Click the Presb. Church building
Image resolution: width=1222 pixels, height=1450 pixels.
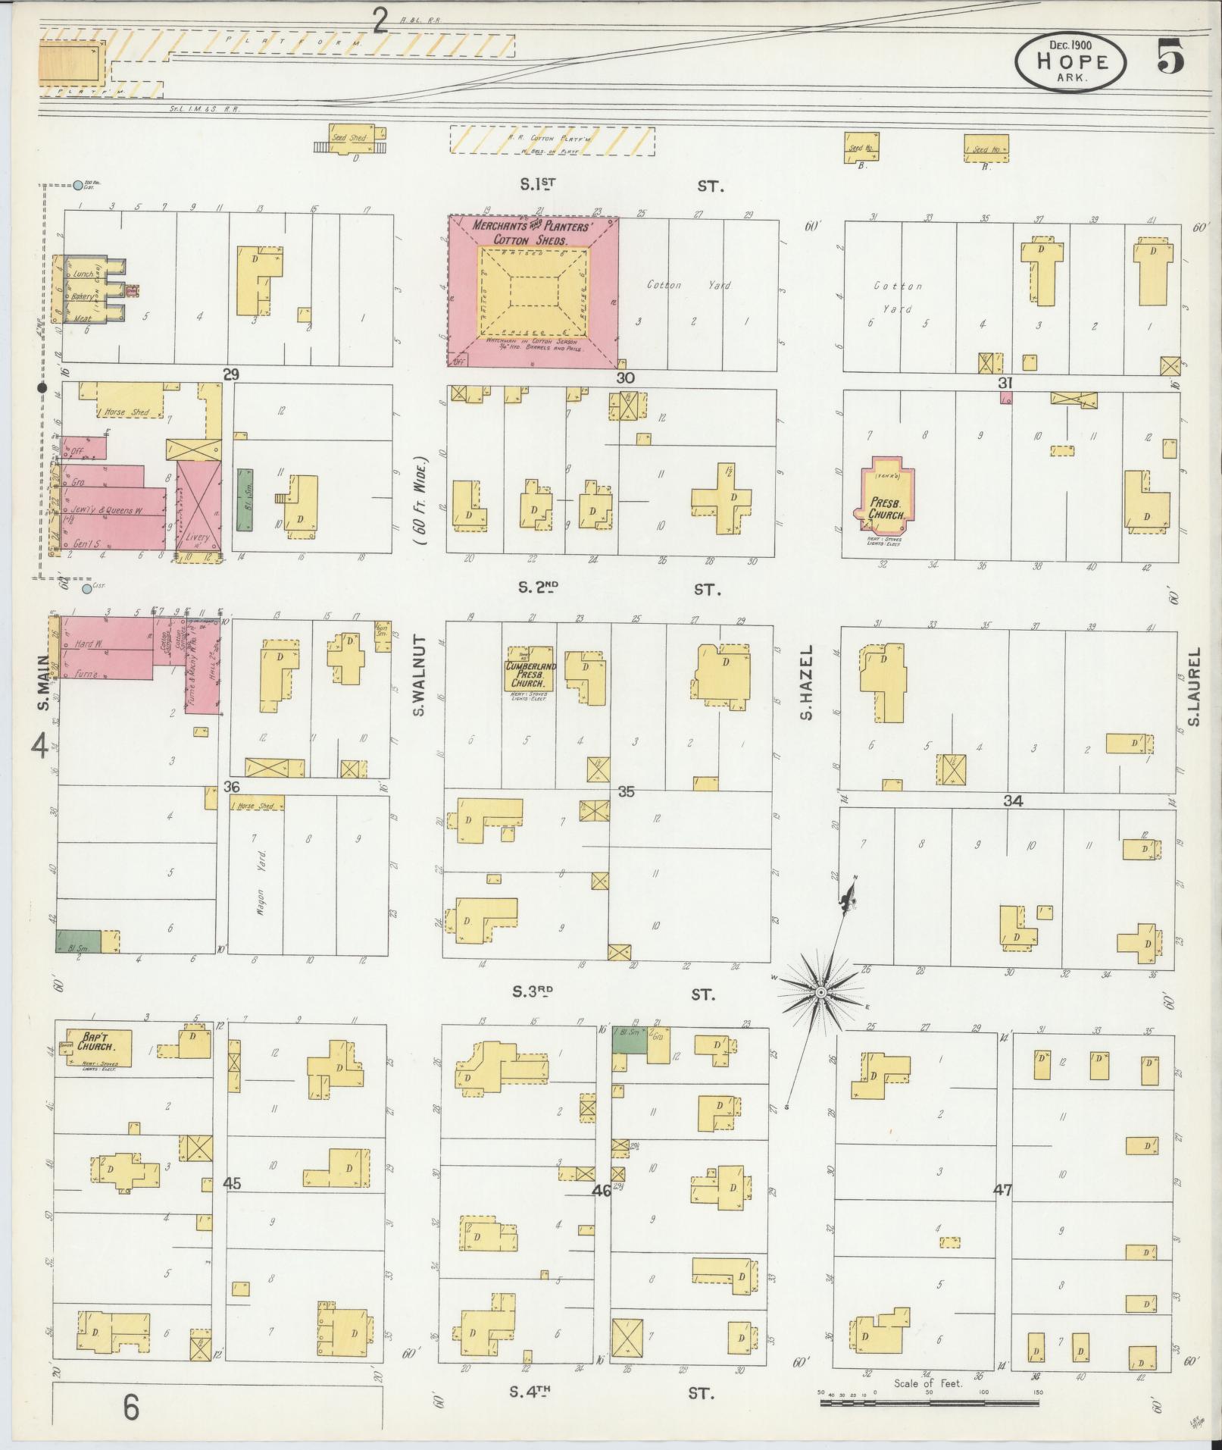click(884, 500)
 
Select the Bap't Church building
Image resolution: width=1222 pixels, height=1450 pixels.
click(96, 1047)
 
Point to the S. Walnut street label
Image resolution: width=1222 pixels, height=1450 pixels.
click(420, 675)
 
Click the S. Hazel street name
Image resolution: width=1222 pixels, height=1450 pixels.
click(807, 682)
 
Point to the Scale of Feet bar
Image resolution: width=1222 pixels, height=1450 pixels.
click(929, 1403)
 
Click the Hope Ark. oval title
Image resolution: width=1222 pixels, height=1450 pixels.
click(1071, 62)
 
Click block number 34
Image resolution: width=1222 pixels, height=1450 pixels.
click(1013, 801)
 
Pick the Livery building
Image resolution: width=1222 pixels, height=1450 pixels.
click(198, 506)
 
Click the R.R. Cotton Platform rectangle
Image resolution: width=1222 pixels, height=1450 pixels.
click(552, 140)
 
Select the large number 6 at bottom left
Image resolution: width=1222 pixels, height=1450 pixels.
click(131, 1408)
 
